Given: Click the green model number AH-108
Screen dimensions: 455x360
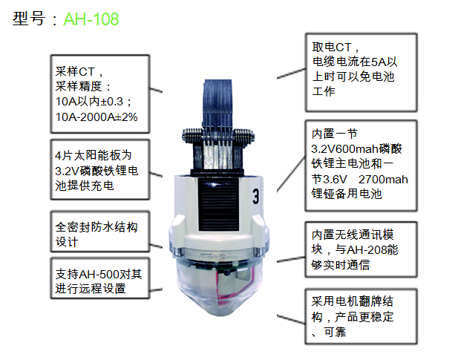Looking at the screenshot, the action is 91,19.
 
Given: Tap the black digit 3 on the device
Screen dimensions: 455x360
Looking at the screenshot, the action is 255,197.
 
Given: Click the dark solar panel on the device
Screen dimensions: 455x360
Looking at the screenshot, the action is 219,205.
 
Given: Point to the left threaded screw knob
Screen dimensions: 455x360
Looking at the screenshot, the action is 192,137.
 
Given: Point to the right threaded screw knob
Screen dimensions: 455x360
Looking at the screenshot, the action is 244,137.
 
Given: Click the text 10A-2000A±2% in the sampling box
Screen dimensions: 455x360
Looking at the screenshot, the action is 96,117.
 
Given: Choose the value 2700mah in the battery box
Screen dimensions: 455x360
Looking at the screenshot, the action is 383,180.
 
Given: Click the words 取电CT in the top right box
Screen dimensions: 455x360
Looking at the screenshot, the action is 332,47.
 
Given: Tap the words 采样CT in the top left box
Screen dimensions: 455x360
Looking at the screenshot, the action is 75,72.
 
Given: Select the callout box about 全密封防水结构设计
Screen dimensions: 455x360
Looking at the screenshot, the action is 100,232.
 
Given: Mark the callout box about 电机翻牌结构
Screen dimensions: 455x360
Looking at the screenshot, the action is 361,316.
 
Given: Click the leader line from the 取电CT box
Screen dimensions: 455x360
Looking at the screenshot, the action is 291,73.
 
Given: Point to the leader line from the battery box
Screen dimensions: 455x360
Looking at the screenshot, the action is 291,174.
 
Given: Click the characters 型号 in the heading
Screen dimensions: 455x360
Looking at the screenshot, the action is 29,19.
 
